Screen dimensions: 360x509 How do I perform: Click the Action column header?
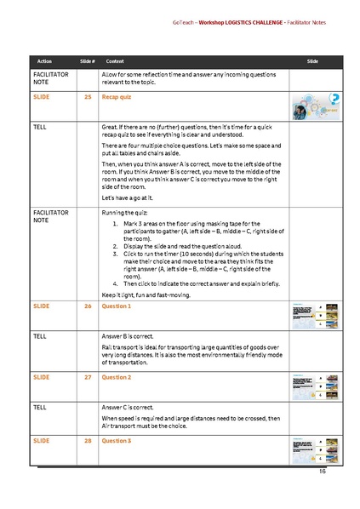[x=44, y=62]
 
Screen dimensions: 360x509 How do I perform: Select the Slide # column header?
[x=87, y=62]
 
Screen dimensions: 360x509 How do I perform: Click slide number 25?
[x=88, y=98]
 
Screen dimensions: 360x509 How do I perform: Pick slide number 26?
[x=88, y=306]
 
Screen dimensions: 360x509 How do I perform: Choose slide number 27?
[x=88, y=376]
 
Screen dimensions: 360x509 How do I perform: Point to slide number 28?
[x=88, y=441]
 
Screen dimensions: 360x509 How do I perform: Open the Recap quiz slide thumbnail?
[x=317, y=106]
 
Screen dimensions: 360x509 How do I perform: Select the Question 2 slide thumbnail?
[x=316, y=384]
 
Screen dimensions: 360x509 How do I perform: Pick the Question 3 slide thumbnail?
[x=316, y=449]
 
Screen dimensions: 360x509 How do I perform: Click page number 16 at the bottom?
[x=323, y=471]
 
